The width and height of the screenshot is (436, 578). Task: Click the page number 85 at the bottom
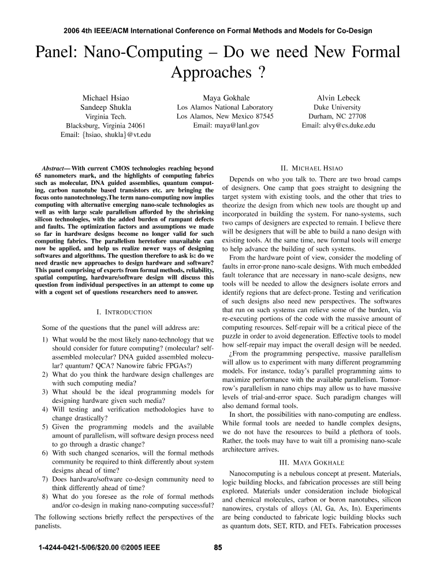[x=218, y=548]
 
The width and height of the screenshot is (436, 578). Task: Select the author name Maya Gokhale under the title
[x=226, y=98]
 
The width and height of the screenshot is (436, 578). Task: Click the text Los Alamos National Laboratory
[x=225, y=108]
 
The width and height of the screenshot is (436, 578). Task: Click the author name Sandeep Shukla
[x=106, y=108]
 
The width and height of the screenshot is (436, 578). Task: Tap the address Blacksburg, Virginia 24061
[x=106, y=125]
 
